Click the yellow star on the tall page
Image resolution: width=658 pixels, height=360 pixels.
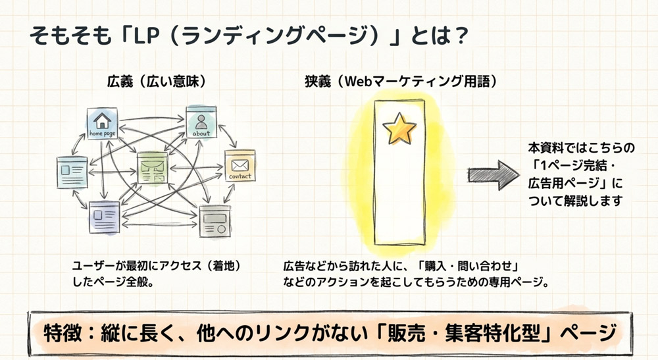tap(399, 129)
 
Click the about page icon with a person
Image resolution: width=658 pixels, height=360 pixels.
tap(201, 122)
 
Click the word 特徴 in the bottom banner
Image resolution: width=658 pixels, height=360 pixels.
tap(61, 332)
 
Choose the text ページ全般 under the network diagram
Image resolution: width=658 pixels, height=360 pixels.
tap(134, 282)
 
